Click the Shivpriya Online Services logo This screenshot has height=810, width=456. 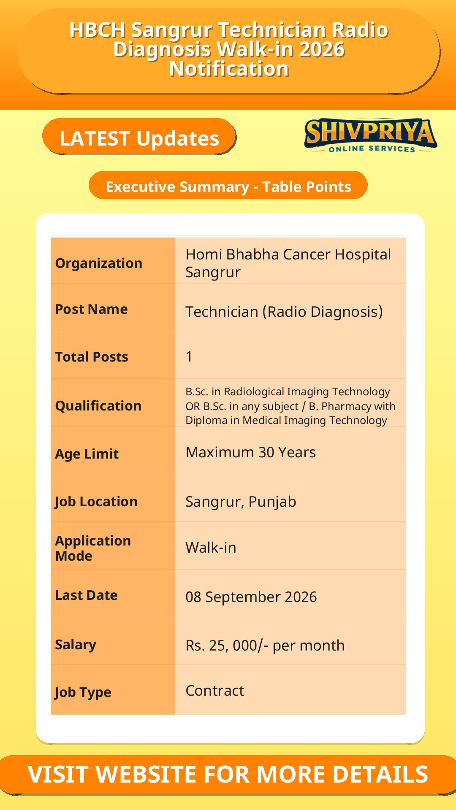(370, 135)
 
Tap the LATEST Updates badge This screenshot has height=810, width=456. (139, 137)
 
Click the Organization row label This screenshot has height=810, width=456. (99, 263)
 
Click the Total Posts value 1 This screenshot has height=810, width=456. (189, 356)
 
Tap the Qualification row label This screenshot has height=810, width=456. (98, 405)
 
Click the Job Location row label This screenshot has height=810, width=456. (96, 502)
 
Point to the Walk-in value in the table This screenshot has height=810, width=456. (211, 548)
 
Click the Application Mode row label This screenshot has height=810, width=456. (93, 548)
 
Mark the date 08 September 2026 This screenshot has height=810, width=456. (251, 597)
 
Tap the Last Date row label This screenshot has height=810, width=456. (86, 595)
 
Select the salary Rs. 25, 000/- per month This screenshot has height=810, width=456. (265, 645)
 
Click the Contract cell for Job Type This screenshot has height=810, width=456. (214, 691)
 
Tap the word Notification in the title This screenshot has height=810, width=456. (229, 69)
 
